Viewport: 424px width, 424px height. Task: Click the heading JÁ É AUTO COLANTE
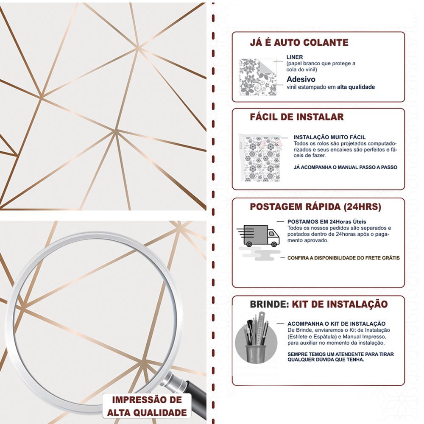click(299, 42)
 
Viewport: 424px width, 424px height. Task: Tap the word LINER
click(295, 57)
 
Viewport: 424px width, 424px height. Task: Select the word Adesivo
click(301, 79)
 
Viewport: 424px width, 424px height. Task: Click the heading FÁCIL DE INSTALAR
click(297, 117)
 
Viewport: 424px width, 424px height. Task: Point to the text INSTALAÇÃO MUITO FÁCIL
click(329, 137)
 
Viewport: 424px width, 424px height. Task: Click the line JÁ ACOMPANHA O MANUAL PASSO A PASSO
click(345, 167)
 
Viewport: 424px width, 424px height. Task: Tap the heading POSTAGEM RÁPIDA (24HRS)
click(315, 206)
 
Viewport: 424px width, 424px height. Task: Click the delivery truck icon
click(258, 236)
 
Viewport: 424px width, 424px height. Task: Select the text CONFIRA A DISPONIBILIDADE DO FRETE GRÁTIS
click(343, 258)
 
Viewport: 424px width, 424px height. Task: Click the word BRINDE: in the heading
click(269, 304)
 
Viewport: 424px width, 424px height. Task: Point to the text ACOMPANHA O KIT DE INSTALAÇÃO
click(336, 324)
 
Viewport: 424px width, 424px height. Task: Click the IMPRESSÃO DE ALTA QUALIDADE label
click(147, 406)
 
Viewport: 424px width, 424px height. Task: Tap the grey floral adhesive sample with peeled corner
click(258, 77)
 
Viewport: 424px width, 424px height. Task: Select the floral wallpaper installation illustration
click(260, 158)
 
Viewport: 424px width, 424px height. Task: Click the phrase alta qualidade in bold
click(356, 87)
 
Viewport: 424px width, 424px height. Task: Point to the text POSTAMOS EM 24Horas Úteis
click(326, 222)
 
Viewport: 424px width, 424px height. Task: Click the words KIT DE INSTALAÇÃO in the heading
click(340, 304)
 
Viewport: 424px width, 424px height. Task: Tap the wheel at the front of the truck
click(273, 244)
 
